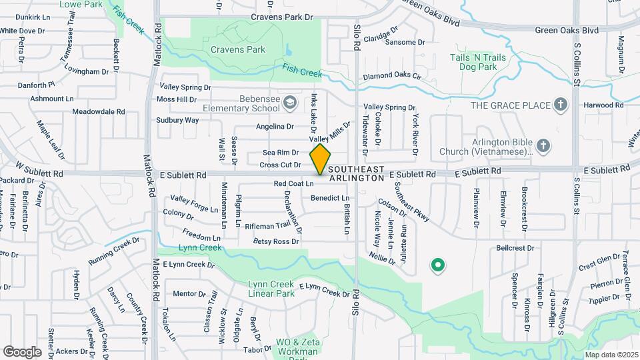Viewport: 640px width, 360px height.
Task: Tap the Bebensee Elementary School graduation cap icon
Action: tap(289, 103)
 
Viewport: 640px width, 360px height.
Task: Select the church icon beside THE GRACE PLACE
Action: tap(561, 105)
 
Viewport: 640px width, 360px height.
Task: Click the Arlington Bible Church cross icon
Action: tap(543, 146)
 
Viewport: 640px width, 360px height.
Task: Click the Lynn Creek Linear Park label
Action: tap(271, 288)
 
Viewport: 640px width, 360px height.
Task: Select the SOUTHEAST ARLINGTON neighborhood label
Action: tap(357, 173)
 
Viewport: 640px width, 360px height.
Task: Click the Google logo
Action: tap(22, 351)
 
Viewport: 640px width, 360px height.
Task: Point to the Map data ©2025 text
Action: tap(611, 355)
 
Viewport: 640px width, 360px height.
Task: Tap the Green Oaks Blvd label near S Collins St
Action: tap(567, 30)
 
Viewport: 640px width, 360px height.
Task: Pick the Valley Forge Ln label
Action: tap(194, 203)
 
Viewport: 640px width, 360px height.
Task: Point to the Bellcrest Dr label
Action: tap(515, 248)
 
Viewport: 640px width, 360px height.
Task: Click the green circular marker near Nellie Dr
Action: tap(438, 266)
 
